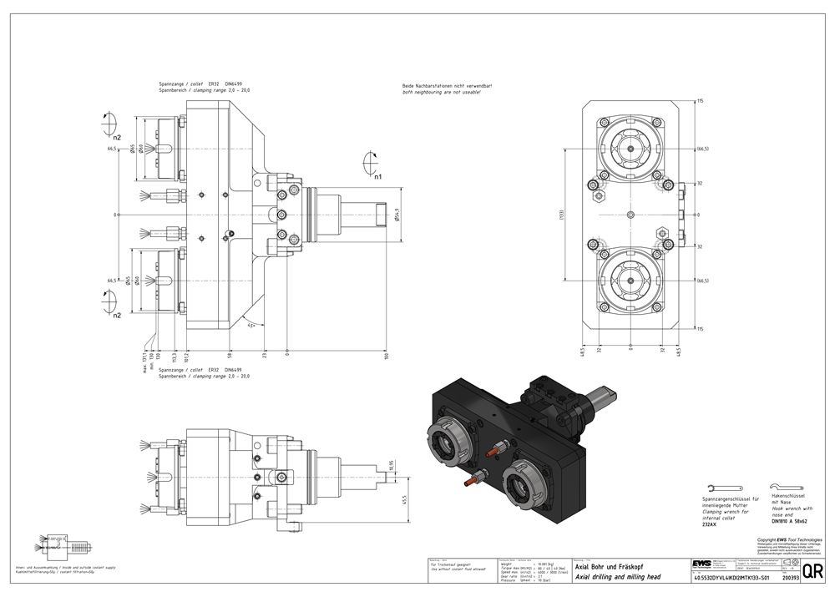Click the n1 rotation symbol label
[377, 177]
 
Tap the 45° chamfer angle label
[251, 325]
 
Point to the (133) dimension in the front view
[562, 215]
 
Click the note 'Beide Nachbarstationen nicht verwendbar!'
[442, 87]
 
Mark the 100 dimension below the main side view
[387, 356]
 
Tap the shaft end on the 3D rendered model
[609, 391]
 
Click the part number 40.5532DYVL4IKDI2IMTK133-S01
[726, 577]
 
